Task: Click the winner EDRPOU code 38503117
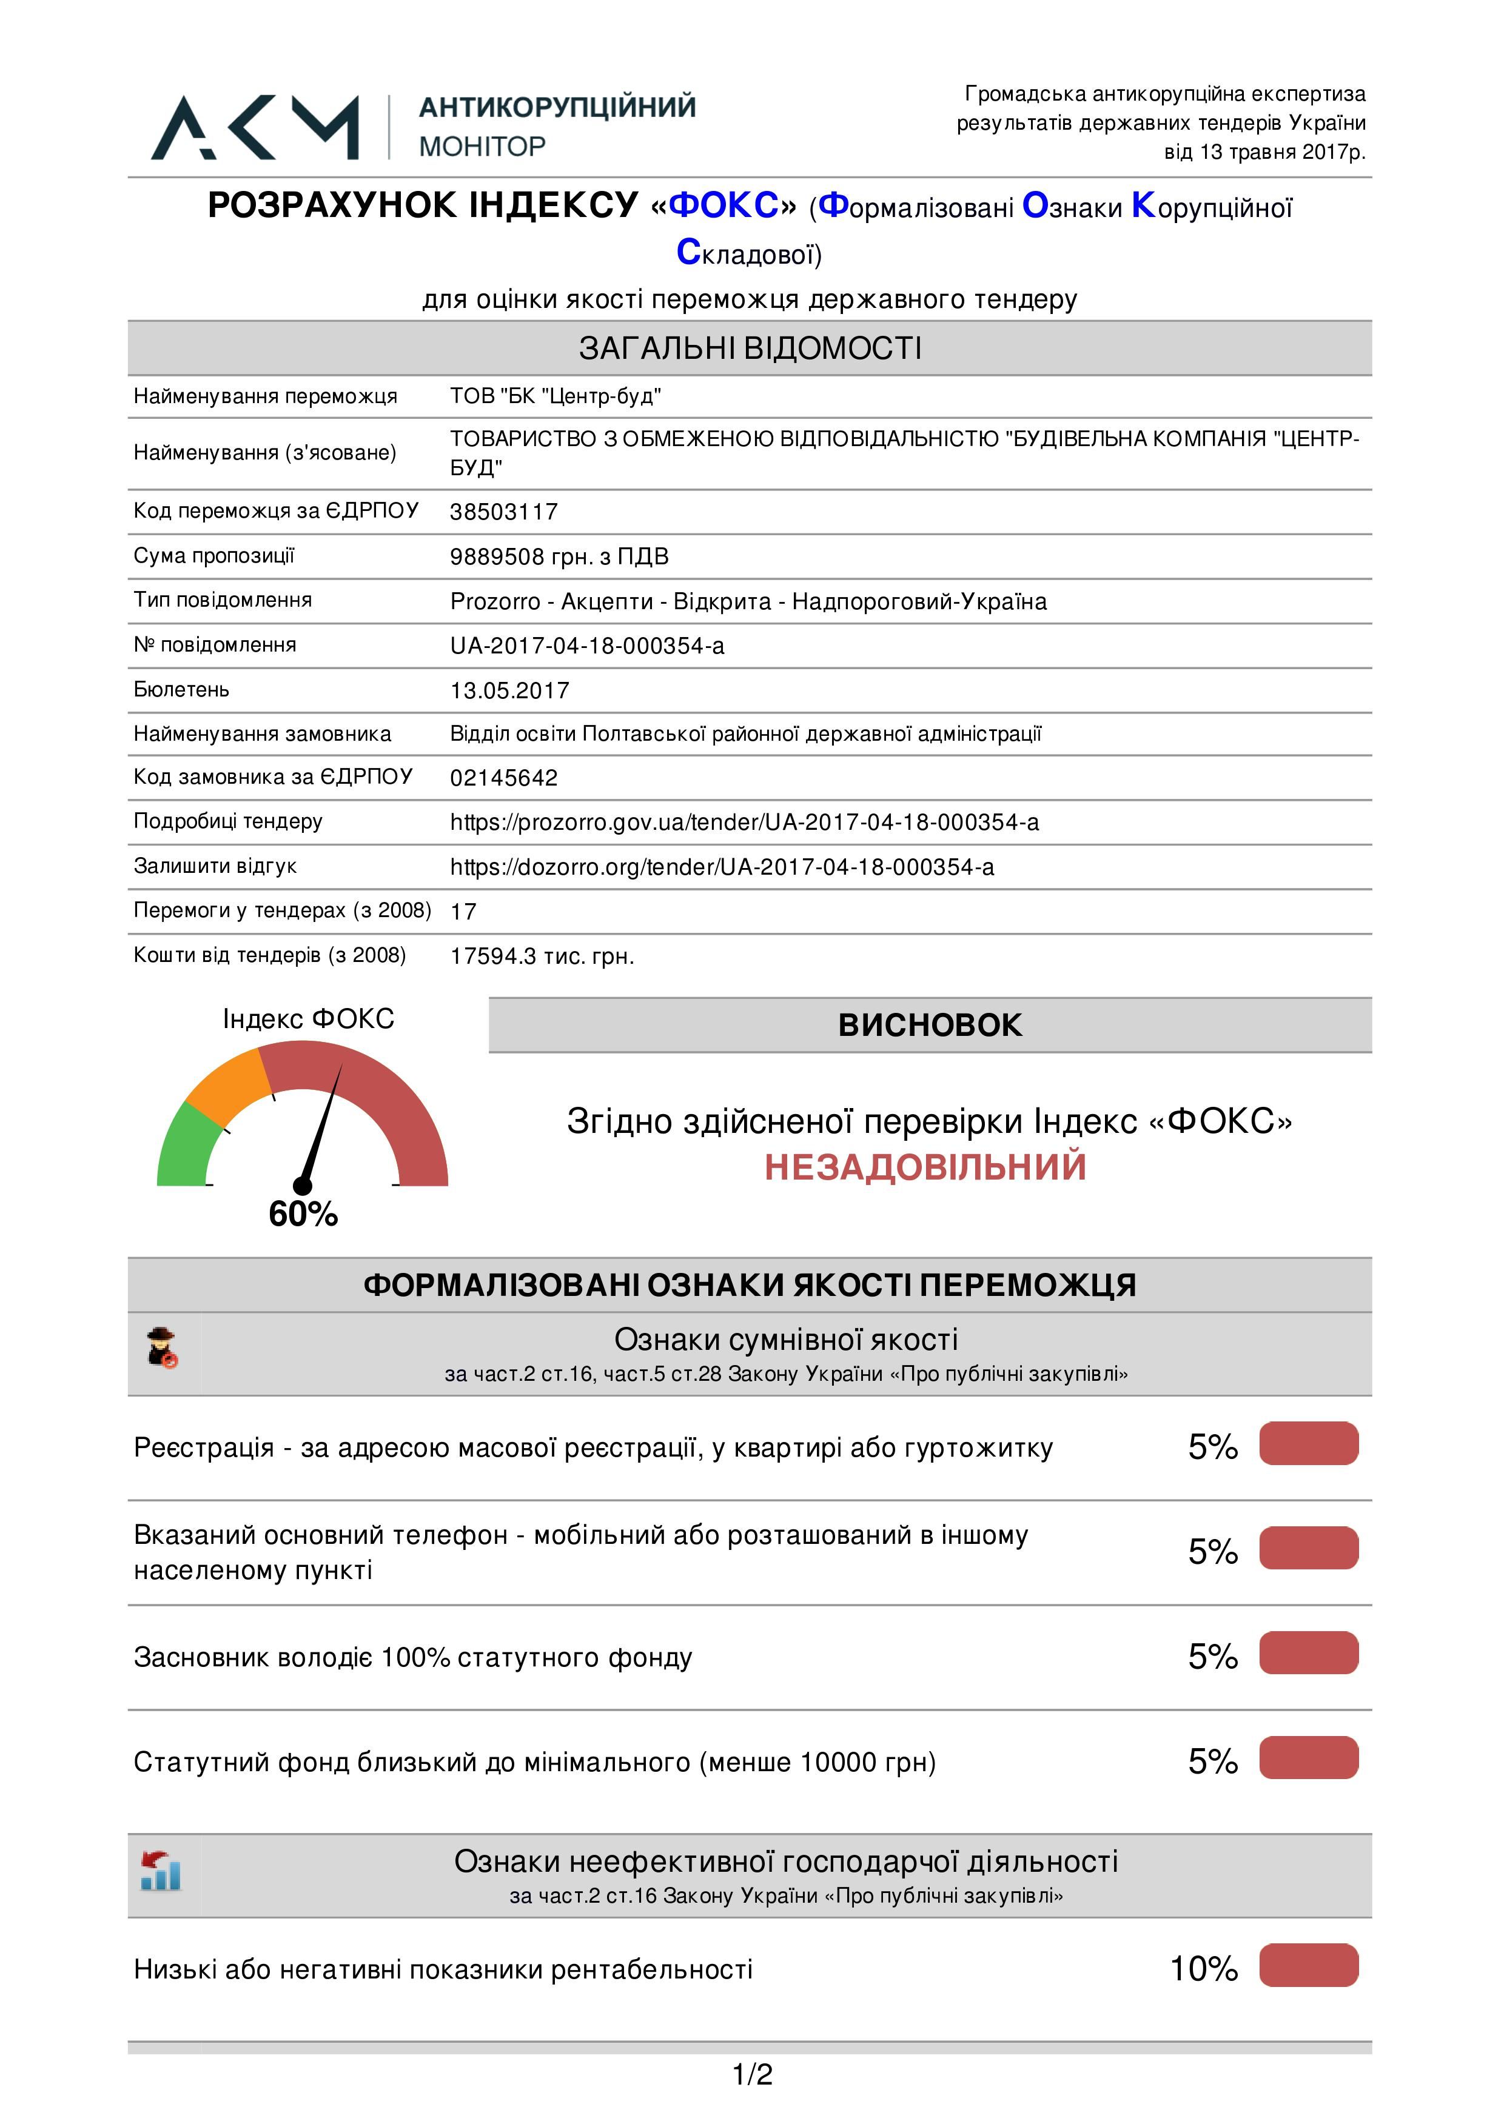click(x=503, y=512)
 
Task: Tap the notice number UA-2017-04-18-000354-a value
click(x=586, y=646)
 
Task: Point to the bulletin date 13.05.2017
click(x=509, y=690)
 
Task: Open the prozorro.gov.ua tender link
click(x=744, y=822)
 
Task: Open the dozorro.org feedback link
click(x=722, y=866)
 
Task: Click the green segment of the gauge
click(x=186, y=1149)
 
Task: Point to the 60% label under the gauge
click(x=303, y=1214)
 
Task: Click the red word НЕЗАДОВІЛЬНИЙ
click(x=925, y=1166)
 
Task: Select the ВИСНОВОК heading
click(x=930, y=1024)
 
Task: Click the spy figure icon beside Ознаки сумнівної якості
click(x=162, y=1348)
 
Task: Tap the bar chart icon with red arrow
click(x=161, y=1871)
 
